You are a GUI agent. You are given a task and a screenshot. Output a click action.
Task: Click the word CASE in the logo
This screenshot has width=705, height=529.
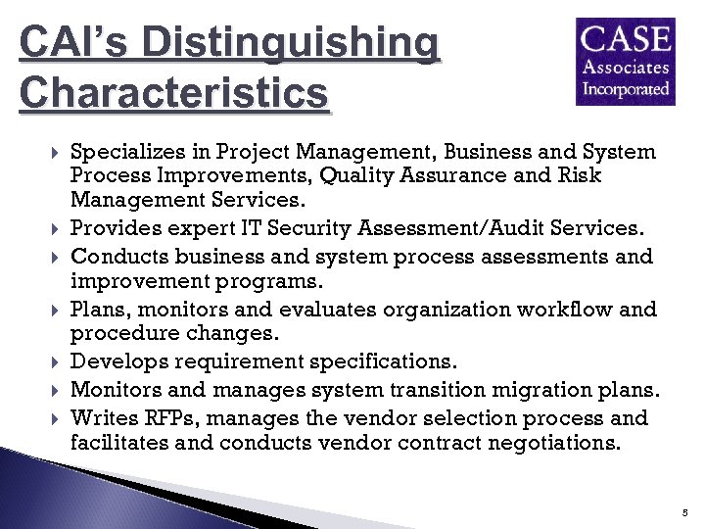click(627, 40)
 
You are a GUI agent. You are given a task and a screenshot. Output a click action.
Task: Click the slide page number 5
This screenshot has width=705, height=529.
click(686, 512)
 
